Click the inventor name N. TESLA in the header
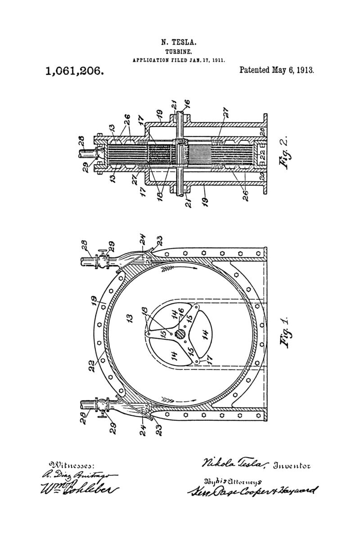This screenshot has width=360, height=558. (179, 43)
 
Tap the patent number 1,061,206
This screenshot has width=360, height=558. (75, 71)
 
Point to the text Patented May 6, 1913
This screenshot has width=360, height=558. (276, 70)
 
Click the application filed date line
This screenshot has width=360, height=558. (179, 59)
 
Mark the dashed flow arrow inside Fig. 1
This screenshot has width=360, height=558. (180, 399)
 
